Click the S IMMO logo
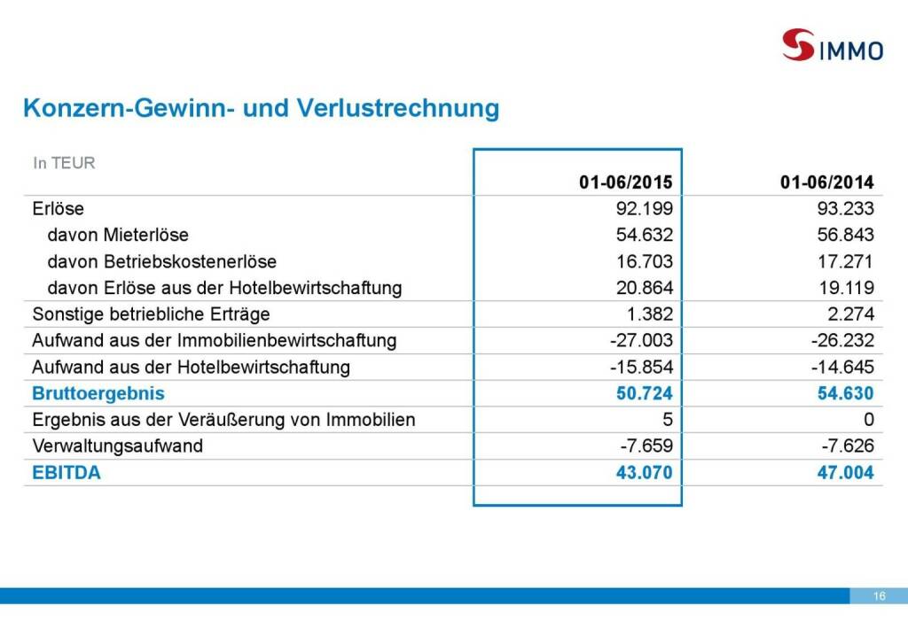(832, 45)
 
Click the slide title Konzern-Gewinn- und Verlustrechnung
(261, 108)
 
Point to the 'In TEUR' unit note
(64, 163)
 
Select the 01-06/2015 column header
(626, 183)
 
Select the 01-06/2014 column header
(827, 183)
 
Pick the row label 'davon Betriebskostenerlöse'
(161, 262)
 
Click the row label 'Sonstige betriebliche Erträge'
(151, 314)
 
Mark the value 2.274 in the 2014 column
(850, 314)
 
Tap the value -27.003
(640, 341)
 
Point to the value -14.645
(841, 367)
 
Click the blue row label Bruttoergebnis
(98, 393)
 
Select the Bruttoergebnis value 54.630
(845, 393)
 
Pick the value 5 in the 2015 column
(668, 420)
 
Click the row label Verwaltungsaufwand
(117, 446)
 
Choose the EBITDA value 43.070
(645, 473)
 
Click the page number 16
(879, 596)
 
